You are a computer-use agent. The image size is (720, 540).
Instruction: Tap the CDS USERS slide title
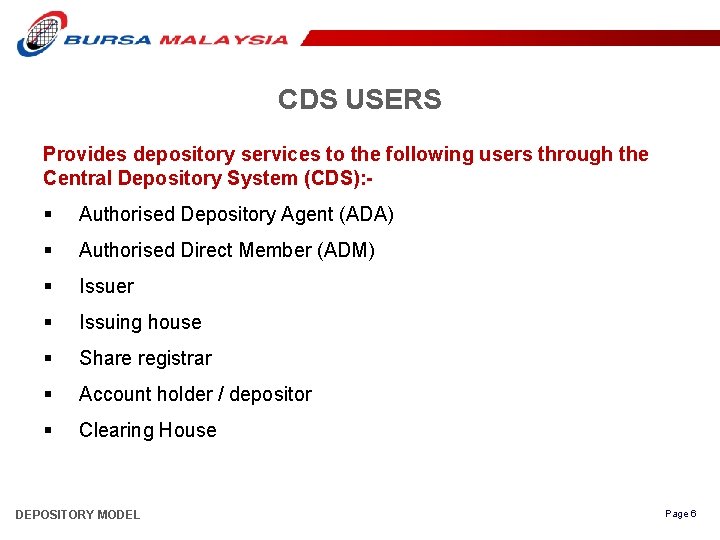[x=359, y=100]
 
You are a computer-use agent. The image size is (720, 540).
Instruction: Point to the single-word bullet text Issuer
[x=106, y=287]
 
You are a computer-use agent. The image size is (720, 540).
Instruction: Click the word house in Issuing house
[x=175, y=323]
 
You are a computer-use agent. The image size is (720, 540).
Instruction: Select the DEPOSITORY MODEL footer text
[x=78, y=515]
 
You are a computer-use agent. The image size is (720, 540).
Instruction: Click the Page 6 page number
[x=680, y=514]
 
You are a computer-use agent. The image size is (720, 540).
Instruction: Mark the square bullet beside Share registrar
[x=48, y=359]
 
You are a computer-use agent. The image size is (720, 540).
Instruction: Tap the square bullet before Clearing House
[x=48, y=431]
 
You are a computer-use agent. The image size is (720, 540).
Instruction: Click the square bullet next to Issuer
[x=48, y=287]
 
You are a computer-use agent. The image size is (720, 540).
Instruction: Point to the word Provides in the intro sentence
[x=85, y=155]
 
